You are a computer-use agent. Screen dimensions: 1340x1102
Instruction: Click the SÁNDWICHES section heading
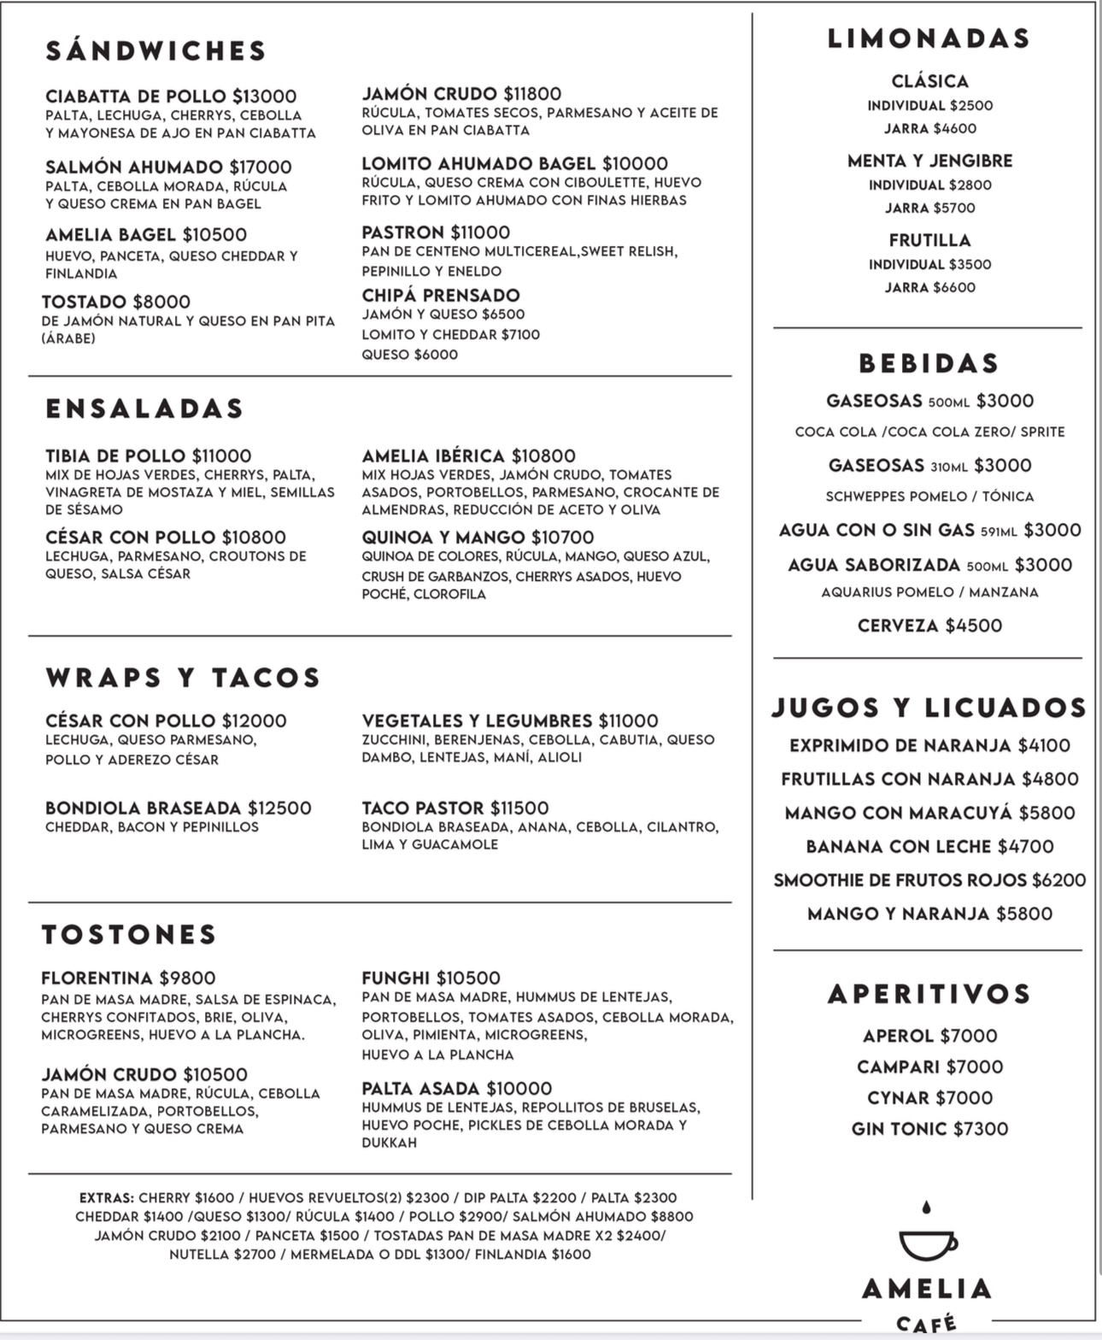coord(156,51)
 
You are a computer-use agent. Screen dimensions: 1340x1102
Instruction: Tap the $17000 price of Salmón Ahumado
coord(261,167)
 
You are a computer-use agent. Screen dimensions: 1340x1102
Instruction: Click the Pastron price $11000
coord(480,232)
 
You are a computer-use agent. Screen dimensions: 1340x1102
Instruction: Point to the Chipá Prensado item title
coord(441,296)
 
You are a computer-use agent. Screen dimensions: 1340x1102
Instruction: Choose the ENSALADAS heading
coord(144,408)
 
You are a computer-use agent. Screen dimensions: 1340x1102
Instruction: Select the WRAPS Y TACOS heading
coord(183,678)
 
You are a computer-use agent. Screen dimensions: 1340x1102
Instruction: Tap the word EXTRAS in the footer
coord(106,1198)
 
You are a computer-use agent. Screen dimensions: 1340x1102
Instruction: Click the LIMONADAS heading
coord(929,39)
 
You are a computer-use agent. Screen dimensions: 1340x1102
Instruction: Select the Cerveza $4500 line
coord(929,626)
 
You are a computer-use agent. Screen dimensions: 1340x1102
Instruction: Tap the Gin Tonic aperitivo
coord(929,1129)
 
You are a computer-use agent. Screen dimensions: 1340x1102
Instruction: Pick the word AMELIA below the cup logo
coord(928,1289)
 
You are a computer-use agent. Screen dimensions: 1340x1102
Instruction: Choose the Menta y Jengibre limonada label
coord(929,161)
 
